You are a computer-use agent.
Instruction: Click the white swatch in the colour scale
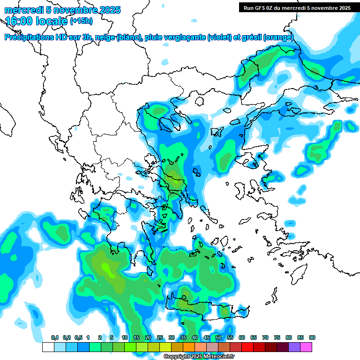(48, 347)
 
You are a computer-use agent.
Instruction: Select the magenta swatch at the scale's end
(306, 347)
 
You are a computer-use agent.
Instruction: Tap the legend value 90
(312, 337)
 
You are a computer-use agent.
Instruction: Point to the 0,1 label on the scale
(55, 337)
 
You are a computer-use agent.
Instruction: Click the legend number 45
(207, 337)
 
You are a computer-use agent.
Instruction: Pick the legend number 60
(242, 337)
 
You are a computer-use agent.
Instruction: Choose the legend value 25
(160, 337)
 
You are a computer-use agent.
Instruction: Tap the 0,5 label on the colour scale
(78, 337)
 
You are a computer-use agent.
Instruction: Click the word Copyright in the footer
(176, 356)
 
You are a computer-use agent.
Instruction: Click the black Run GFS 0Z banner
(297, 7)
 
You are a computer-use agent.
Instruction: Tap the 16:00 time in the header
(19, 21)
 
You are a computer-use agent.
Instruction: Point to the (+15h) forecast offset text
(81, 21)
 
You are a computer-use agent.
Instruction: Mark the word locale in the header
(51, 21)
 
